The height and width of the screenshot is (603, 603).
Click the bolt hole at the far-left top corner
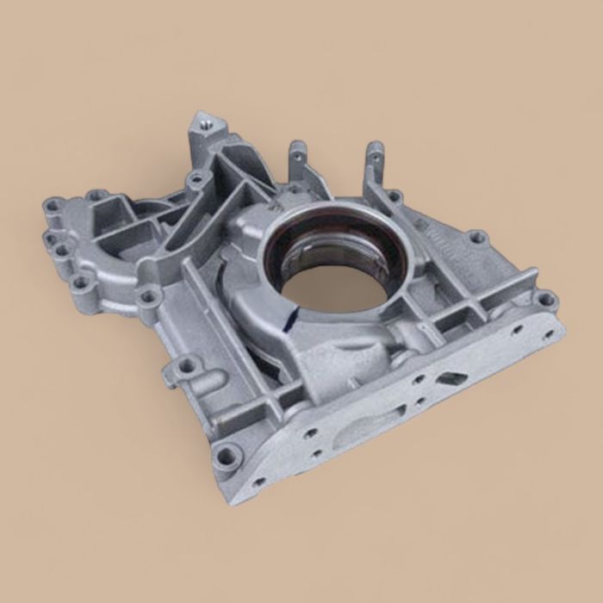point(54,206)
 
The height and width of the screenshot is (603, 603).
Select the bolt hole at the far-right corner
point(544,300)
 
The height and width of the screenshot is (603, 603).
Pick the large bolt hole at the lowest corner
point(226,455)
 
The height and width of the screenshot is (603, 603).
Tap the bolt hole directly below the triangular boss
point(197,181)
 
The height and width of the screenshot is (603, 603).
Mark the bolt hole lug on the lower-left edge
point(186,366)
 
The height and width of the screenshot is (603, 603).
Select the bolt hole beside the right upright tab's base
point(394,197)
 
